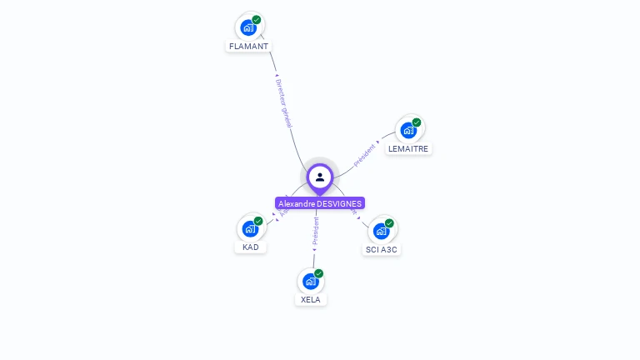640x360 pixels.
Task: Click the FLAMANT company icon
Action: pos(248,27)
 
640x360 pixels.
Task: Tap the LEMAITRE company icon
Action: pos(408,130)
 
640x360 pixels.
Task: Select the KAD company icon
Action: pos(250,228)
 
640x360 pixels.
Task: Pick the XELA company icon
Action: pos(311,281)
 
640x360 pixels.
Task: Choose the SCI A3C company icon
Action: pos(382,231)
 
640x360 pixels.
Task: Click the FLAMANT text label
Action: pos(248,47)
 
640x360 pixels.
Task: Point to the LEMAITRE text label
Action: pos(408,149)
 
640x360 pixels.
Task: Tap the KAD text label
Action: pos(251,247)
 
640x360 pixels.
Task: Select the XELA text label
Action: pos(311,299)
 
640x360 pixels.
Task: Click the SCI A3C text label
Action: pos(382,249)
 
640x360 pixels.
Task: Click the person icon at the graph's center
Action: pos(320,177)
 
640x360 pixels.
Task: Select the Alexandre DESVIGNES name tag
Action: pos(320,203)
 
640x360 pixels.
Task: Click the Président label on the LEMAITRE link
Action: pos(365,156)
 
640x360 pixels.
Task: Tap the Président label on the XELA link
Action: pos(316,231)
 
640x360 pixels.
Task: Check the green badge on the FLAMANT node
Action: pos(257,19)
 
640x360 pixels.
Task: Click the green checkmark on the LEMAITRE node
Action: pos(417,122)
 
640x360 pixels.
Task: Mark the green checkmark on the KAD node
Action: pos(258,221)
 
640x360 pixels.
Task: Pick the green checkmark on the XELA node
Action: pos(318,273)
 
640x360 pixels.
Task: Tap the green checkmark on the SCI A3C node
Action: pos(389,223)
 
